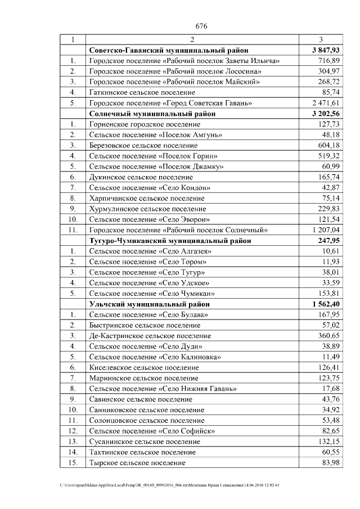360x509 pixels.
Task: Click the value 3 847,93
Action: [x=323, y=51]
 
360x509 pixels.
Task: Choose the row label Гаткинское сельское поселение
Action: [x=142, y=92]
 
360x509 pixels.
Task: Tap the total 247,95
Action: [x=328, y=240]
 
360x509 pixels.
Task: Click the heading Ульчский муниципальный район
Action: [x=149, y=304]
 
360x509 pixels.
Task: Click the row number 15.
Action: [x=73, y=462]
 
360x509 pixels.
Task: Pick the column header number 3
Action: [x=321, y=40]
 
